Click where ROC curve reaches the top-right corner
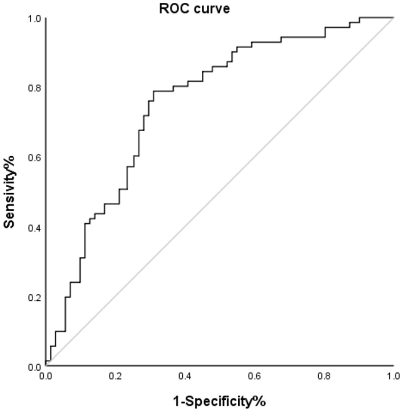(x=394, y=18)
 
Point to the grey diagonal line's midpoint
(x=220, y=192)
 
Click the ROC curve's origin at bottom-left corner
(x=46, y=366)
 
